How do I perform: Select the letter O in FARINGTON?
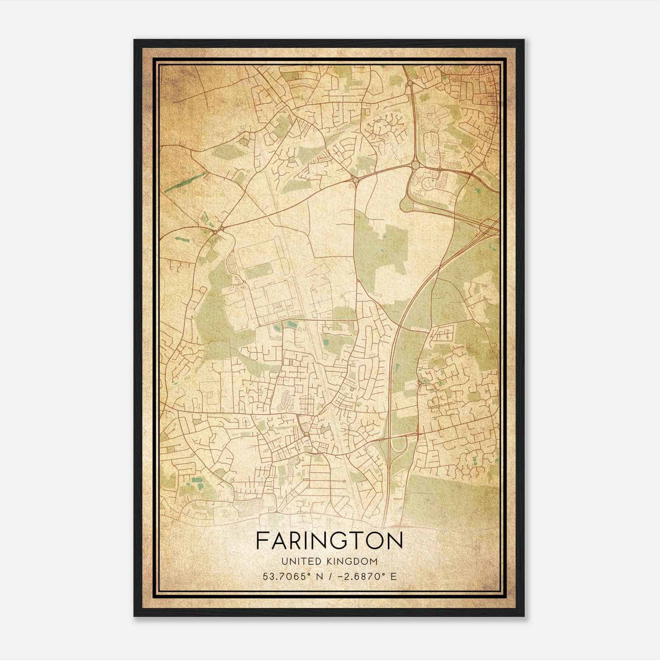375,541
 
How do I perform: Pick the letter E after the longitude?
394,577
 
